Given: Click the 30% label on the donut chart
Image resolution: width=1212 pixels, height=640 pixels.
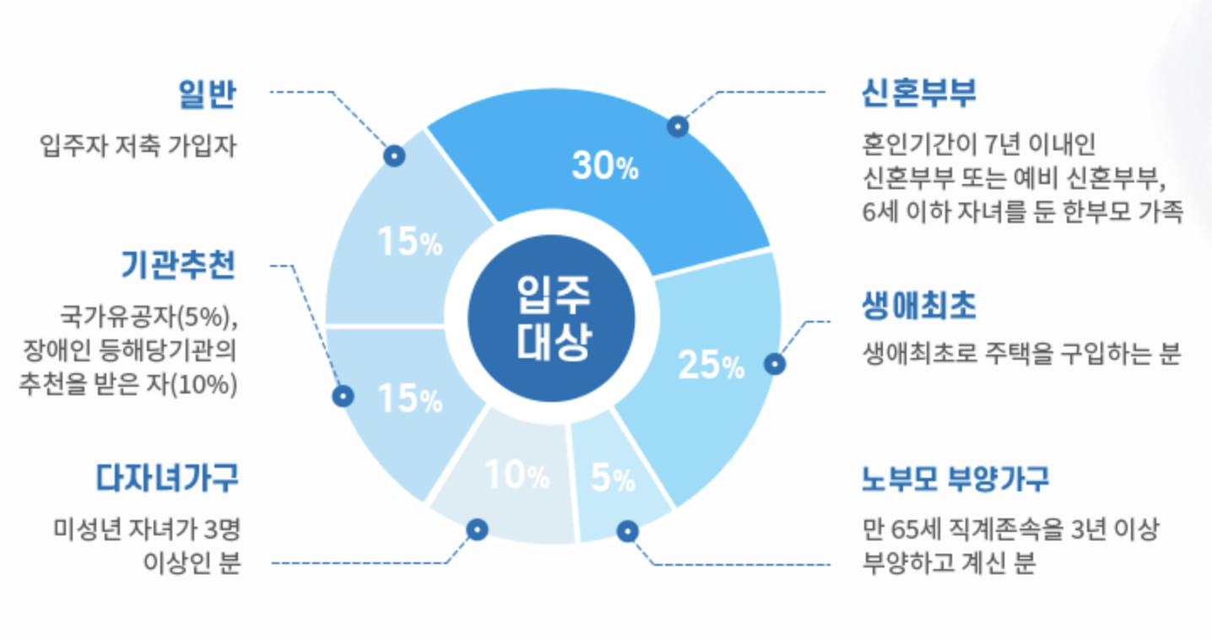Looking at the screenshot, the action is [605, 167].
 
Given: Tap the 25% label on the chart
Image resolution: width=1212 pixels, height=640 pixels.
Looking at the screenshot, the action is [711, 366].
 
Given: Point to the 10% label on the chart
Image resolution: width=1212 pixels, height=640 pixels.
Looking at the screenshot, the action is [517, 477].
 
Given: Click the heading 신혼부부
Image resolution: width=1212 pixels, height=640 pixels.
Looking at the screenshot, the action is [918, 93].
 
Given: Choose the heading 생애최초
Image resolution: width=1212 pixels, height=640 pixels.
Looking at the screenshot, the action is [918, 306].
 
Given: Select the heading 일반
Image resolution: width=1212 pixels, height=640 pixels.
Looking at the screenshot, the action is [207, 93].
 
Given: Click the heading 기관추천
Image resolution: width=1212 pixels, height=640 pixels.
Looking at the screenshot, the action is [178, 266].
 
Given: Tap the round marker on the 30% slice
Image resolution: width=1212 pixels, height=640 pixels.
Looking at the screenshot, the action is [677, 127].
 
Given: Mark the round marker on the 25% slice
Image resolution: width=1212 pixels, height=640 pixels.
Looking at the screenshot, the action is [775, 364].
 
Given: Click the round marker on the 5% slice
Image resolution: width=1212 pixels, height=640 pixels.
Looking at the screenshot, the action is [626, 531].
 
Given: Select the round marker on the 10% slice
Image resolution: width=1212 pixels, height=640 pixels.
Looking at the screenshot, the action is [477, 529].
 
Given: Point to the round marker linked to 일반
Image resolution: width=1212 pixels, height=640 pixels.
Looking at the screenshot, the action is [393, 155].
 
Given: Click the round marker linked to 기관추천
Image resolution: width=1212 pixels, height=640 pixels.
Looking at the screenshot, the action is [343, 395].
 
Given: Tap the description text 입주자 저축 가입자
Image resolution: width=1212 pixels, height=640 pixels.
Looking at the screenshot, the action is [138, 146].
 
